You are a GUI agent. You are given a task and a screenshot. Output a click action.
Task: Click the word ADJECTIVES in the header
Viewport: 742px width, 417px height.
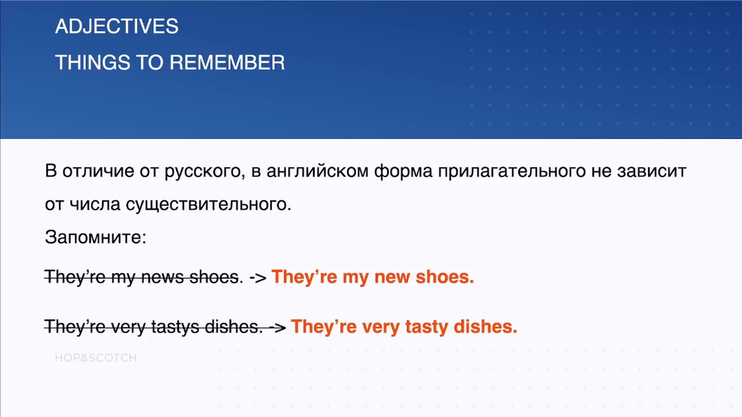(x=117, y=26)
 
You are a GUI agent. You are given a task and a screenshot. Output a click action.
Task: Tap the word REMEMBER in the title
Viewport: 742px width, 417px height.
(x=227, y=63)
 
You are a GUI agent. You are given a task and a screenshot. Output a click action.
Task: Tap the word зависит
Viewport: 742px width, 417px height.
(x=652, y=171)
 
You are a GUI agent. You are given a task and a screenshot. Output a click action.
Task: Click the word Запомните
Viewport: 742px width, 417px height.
(x=95, y=237)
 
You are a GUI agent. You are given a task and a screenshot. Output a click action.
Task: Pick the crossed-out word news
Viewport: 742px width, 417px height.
(x=162, y=277)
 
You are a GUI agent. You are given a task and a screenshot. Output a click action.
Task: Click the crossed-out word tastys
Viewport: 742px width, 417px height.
(x=175, y=327)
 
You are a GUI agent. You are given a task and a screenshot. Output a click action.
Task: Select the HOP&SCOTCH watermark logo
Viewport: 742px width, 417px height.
(x=96, y=358)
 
